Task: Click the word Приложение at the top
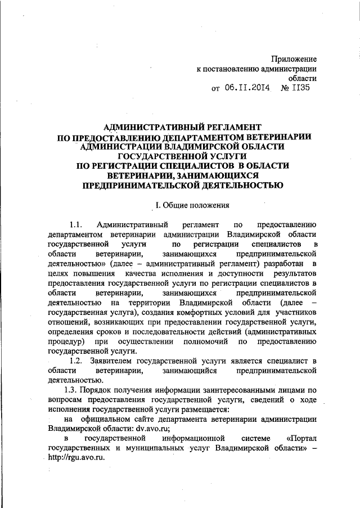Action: [x=294, y=58]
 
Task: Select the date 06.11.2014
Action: [x=247, y=88]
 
